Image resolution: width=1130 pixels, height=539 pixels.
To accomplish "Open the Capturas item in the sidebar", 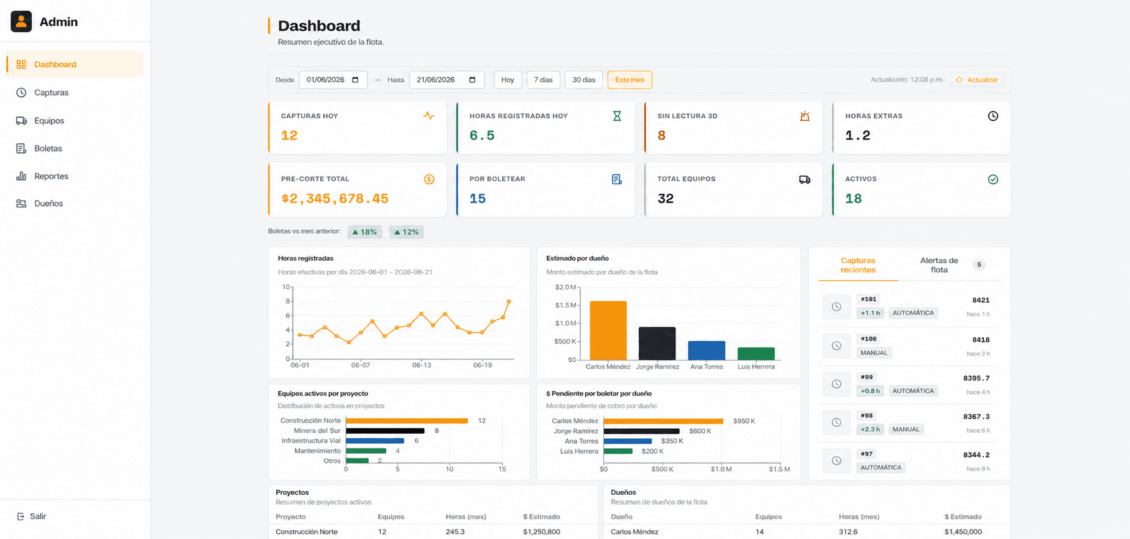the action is pos(51,93).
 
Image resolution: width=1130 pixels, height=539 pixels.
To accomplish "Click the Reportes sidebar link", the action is pos(51,176).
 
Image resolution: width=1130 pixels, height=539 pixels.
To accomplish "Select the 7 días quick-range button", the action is pos(543,80).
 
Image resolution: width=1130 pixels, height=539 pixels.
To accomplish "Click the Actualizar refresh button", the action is pos(976,80).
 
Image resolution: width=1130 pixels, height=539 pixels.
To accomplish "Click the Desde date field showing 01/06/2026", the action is pos(333,80).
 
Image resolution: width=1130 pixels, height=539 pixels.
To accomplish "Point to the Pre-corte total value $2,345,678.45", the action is pos(335,199).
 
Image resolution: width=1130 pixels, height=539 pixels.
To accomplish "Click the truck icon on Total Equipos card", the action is pos(805,179).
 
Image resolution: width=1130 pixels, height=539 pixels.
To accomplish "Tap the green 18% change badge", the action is pos(364,232).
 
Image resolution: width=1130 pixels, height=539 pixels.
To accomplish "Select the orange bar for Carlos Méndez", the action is pos(608,330).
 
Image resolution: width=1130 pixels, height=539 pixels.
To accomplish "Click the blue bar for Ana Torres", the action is pos(706,350).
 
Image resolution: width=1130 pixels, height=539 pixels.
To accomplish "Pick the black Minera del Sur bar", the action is pos(385,431).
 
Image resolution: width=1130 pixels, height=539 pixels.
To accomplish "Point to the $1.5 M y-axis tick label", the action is pos(566,305).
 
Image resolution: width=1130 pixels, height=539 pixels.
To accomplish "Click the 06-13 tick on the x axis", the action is pos(422,365).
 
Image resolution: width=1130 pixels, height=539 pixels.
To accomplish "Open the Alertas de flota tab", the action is pos(939,265).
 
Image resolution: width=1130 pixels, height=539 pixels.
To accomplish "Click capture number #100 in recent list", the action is pos(869,339).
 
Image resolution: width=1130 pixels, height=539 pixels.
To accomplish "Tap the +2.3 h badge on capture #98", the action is pos(870,429).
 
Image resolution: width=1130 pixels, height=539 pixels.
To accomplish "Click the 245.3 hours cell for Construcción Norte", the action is pos(455,532).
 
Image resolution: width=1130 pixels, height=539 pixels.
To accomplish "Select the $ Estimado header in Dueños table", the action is pos(963,517).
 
